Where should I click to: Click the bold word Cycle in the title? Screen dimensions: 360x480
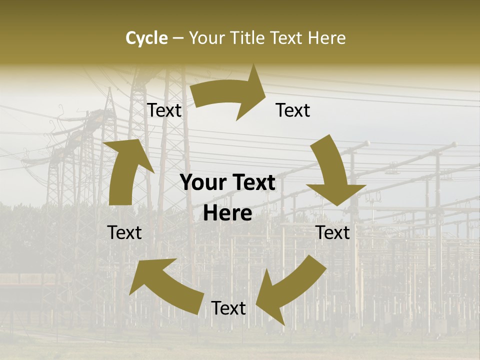pyautogui.click(x=146, y=38)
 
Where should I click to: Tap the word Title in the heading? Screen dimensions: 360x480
pyautogui.click(x=250, y=38)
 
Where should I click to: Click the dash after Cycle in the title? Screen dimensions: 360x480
pyautogui.click(x=178, y=38)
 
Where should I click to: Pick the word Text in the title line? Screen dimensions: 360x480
pyautogui.click(x=288, y=38)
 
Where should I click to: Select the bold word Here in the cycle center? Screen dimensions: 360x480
pyautogui.click(x=227, y=213)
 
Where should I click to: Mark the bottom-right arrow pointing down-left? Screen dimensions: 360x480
pyautogui.click(x=290, y=287)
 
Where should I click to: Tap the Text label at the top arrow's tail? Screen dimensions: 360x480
pyautogui.click(x=164, y=110)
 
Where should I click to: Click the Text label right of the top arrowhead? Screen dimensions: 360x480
pyautogui.click(x=293, y=110)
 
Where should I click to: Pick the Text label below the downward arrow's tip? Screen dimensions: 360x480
pyautogui.click(x=333, y=232)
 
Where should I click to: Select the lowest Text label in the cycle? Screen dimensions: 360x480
pyautogui.click(x=228, y=308)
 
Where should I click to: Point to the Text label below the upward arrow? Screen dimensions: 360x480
pyautogui.click(x=124, y=232)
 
